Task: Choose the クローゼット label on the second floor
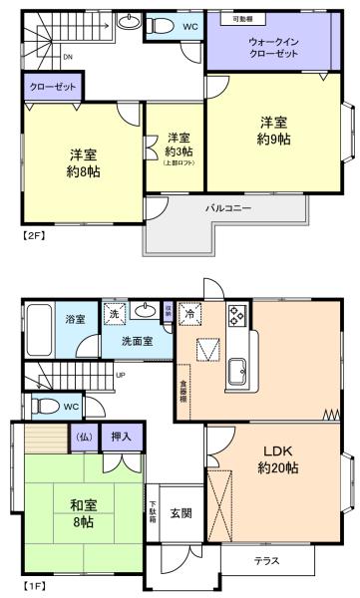[50, 88]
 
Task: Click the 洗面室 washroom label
[137, 340]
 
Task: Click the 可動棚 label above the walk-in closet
[242, 19]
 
